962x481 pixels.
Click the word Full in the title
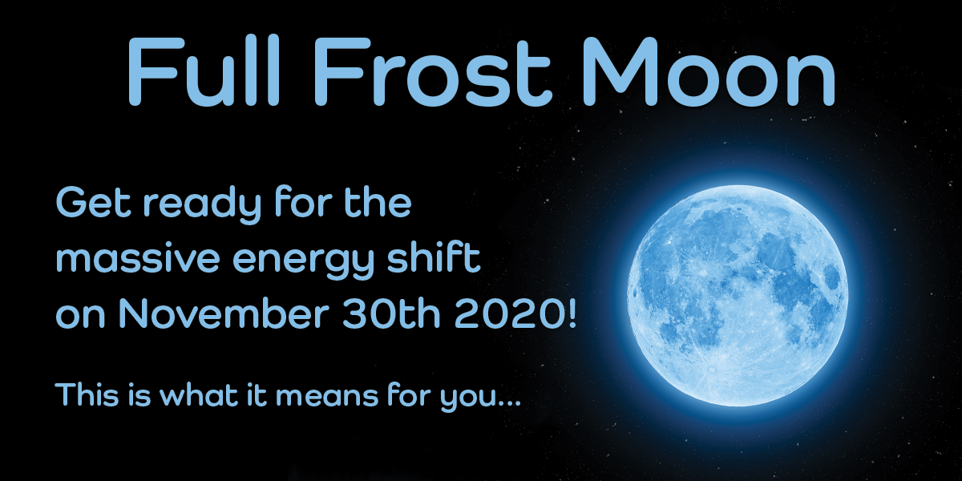(204, 71)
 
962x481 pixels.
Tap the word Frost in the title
(433, 71)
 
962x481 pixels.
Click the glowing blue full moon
(738, 296)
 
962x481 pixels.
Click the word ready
(203, 205)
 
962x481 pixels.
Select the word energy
(303, 262)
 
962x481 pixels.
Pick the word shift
(434, 257)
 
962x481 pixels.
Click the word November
(224, 313)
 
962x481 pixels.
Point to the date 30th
(391, 313)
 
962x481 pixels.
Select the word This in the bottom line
(87, 394)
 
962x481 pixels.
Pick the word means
(327, 395)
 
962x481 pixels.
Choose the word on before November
(81, 317)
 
